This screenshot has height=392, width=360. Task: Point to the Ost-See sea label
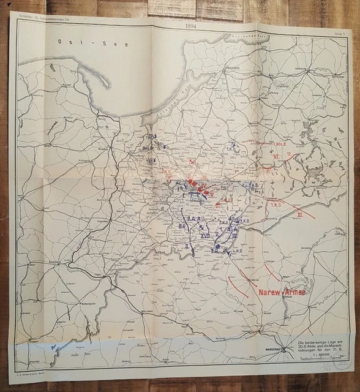coord(71,42)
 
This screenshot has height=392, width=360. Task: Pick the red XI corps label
coord(299,215)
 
